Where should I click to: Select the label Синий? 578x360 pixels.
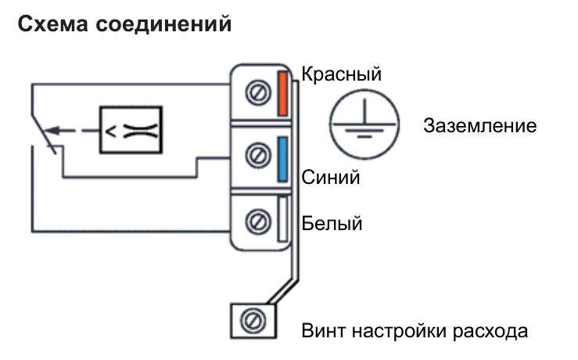[x=331, y=177]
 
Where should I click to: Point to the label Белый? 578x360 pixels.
[x=332, y=225]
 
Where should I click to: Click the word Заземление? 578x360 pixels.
[x=480, y=126]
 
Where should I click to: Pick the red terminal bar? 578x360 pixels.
[x=283, y=94]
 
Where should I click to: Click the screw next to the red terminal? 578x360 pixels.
[x=255, y=94]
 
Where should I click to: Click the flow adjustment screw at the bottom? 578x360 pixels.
[x=252, y=319]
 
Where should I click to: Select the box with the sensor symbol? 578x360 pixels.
[x=130, y=129]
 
